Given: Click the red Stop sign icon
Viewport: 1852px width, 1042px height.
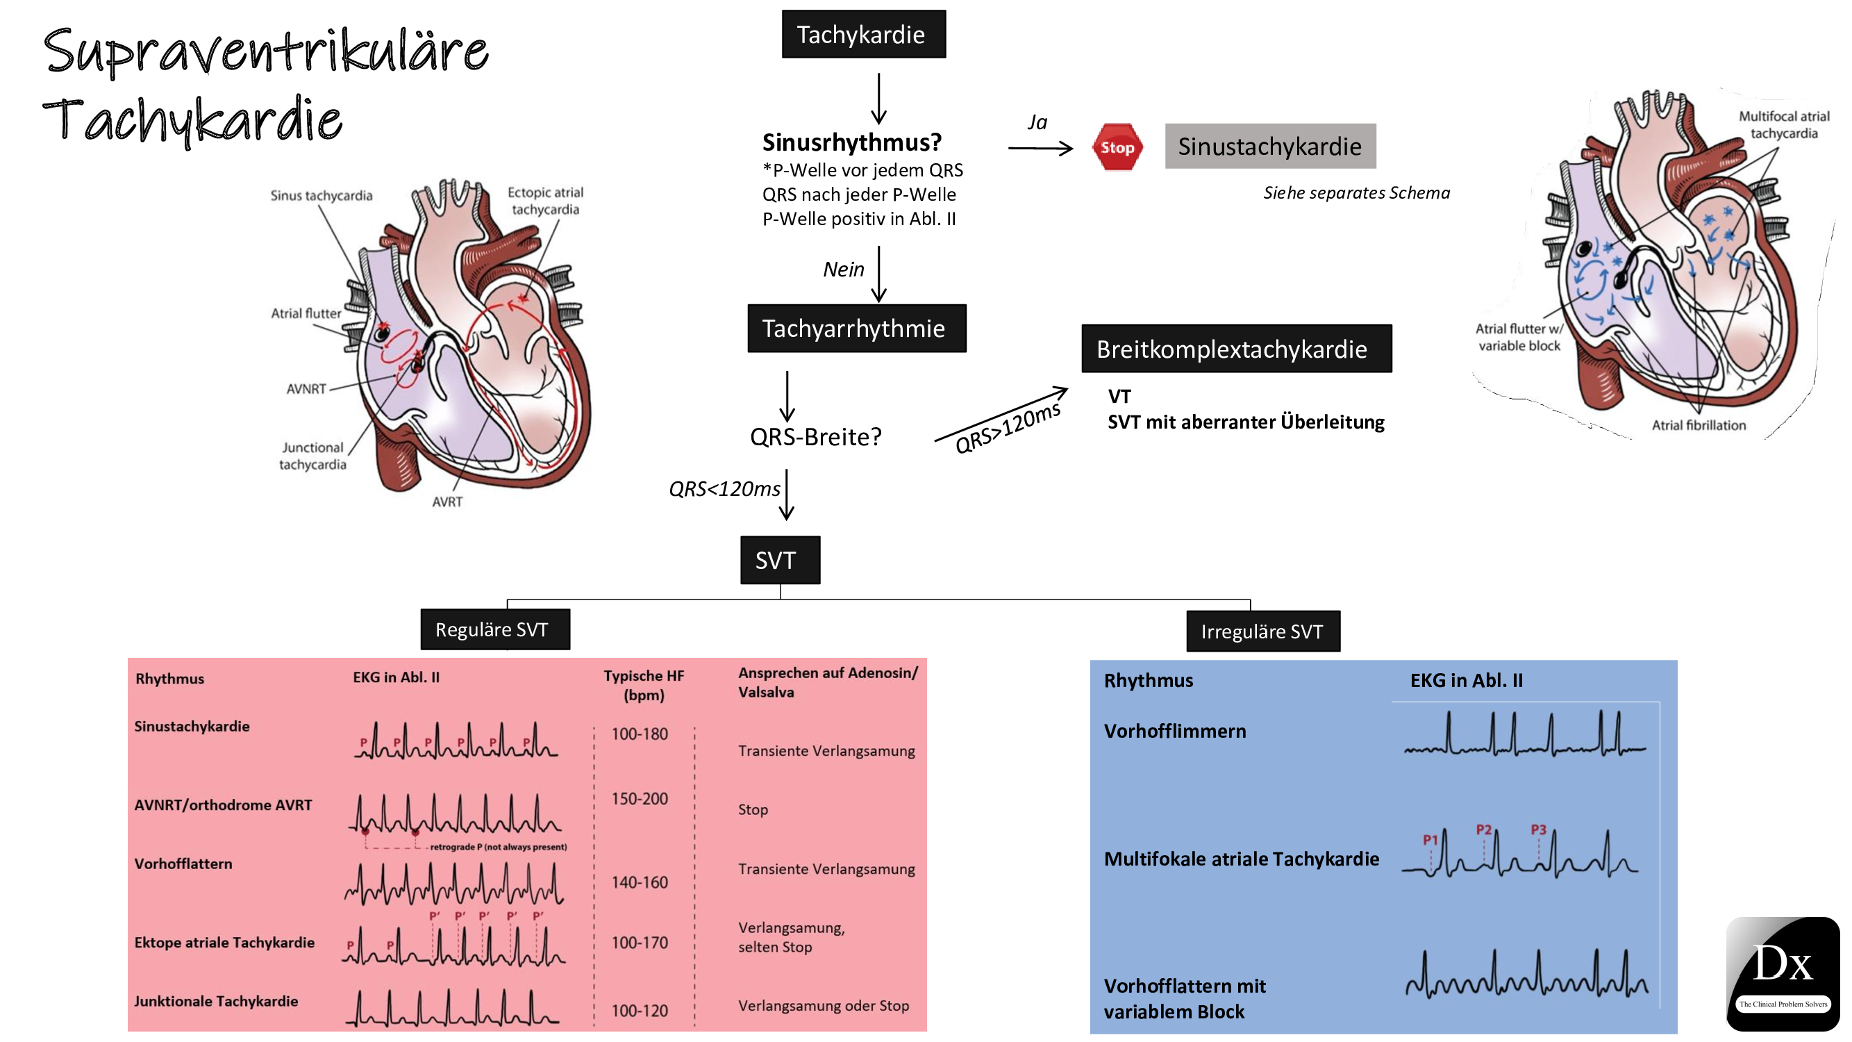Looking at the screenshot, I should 1117,147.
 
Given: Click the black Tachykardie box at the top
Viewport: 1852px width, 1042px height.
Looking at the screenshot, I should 863,34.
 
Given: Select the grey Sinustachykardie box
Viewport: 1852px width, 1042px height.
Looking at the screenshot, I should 1269,146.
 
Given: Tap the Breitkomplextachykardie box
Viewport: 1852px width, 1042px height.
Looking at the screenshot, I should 1236,349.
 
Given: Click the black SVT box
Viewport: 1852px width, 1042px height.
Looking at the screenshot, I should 779,559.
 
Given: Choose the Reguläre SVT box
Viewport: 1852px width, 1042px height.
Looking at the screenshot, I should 494,629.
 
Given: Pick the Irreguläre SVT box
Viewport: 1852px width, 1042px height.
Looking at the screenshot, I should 1262,631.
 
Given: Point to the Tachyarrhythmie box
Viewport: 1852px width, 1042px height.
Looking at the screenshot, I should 856,329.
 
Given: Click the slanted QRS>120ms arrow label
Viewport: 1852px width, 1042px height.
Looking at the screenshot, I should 1006,427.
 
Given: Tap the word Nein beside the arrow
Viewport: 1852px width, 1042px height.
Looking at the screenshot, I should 843,270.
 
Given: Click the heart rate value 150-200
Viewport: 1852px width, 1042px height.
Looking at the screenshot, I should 639,799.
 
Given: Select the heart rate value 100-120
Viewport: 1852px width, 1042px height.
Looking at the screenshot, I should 639,1010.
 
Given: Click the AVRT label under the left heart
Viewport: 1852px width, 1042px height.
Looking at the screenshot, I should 447,502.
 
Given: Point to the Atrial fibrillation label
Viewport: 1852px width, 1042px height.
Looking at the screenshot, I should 1698,425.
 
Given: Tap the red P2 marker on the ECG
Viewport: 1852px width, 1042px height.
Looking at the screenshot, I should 1484,829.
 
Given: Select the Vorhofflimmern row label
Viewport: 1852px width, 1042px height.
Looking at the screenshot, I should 1175,731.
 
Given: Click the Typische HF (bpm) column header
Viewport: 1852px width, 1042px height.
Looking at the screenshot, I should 644,685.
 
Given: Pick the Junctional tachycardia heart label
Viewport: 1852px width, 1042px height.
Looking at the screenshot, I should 312,456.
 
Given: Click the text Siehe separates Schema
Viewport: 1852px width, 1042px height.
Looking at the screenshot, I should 1356,192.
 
